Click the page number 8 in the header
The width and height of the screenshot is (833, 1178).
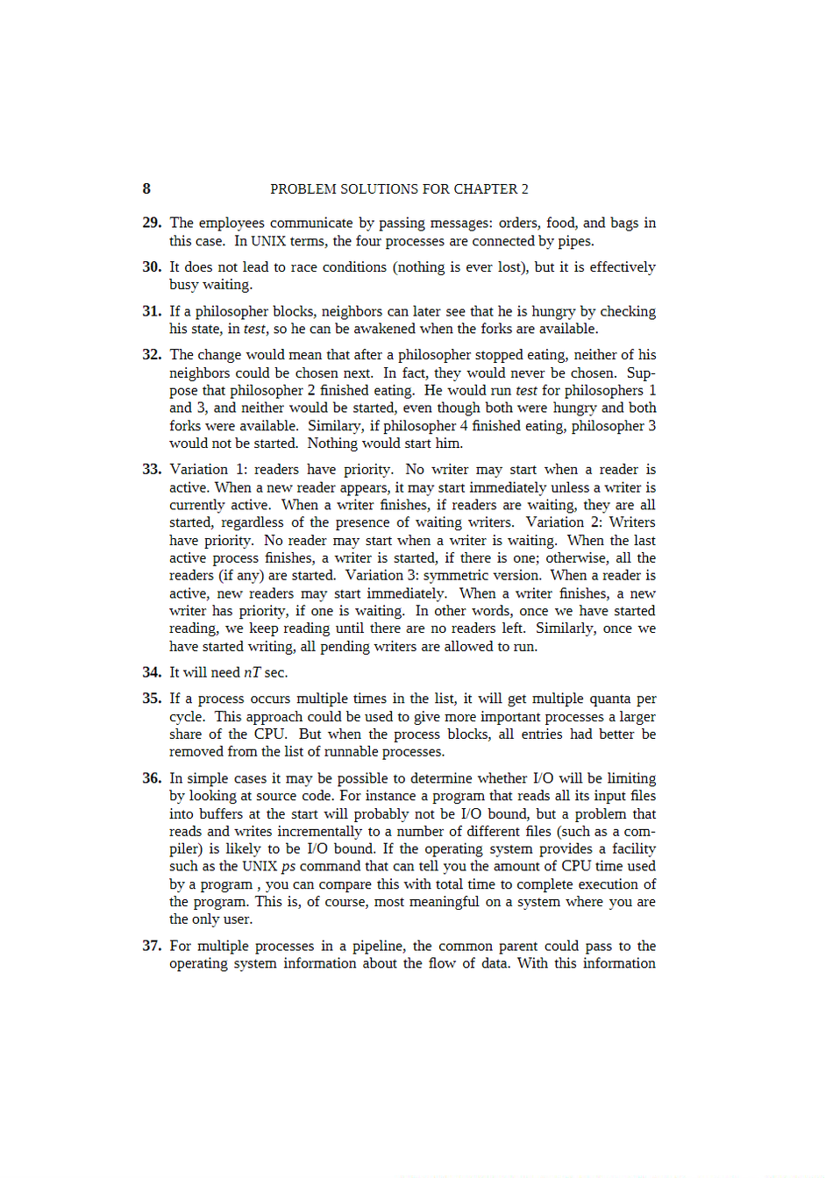[146, 188]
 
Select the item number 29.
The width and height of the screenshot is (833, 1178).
[152, 223]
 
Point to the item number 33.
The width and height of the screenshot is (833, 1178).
[152, 470]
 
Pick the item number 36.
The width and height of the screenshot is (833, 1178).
[152, 778]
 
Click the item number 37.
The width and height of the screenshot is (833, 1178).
[152, 946]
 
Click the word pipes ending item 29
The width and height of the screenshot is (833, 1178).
[576, 241]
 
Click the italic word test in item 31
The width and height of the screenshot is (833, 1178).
[254, 329]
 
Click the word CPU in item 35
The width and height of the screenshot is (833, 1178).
[269, 734]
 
